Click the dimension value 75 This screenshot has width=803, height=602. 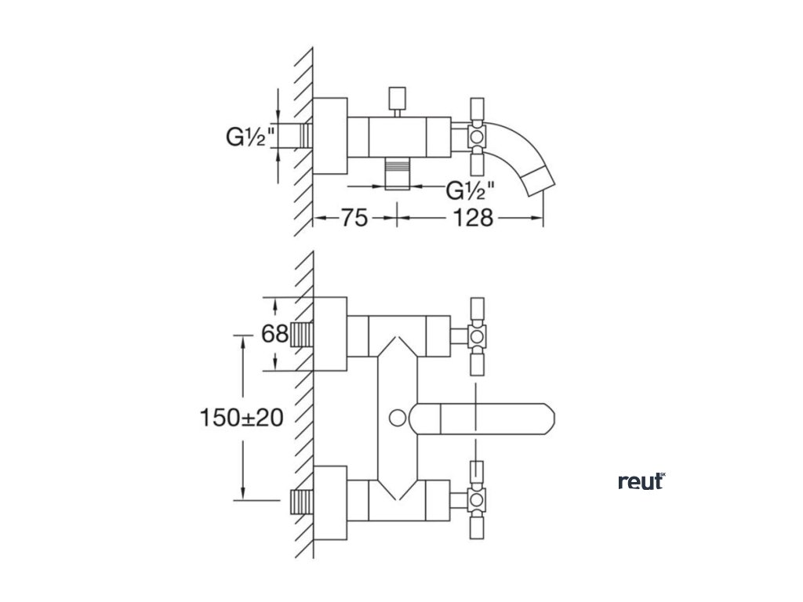354,219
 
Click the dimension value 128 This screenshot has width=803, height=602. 473,219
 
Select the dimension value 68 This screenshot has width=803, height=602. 275,334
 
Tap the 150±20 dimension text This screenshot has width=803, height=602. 242,418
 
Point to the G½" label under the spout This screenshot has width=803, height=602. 471,190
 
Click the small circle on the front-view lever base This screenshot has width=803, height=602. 398,419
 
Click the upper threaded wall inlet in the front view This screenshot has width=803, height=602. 302,335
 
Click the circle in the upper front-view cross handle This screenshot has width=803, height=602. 477,336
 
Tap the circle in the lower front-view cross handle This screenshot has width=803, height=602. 477,499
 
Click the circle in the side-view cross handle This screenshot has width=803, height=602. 477,136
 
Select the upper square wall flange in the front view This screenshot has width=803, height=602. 330,333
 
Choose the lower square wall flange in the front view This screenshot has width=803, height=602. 330,502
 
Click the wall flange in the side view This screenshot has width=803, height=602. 330,136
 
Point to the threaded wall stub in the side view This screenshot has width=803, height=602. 305,136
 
